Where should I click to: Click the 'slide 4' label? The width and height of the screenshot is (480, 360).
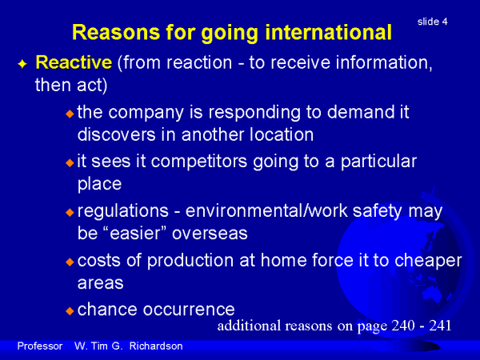[432, 22]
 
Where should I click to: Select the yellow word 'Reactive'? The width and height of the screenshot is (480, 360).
[74, 62]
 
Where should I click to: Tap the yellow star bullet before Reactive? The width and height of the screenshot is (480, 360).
[22, 64]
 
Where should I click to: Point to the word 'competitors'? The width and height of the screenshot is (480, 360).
[199, 162]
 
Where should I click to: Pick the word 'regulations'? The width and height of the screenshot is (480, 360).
[123, 211]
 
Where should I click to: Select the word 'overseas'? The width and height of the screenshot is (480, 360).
[210, 234]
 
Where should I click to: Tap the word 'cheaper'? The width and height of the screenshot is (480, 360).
[428, 261]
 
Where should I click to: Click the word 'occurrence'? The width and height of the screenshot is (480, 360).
[189, 310]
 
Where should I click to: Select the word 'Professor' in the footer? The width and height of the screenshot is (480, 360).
[40, 346]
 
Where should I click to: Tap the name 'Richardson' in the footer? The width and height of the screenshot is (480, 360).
[156, 346]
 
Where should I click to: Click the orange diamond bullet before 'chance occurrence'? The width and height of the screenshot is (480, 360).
[70, 311]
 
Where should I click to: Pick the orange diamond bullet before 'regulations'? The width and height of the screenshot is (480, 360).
[70, 212]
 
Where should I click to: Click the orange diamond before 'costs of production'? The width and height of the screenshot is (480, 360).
[70, 262]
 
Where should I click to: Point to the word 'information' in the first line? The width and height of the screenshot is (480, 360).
[384, 62]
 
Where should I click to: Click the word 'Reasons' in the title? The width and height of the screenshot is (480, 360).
[116, 32]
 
